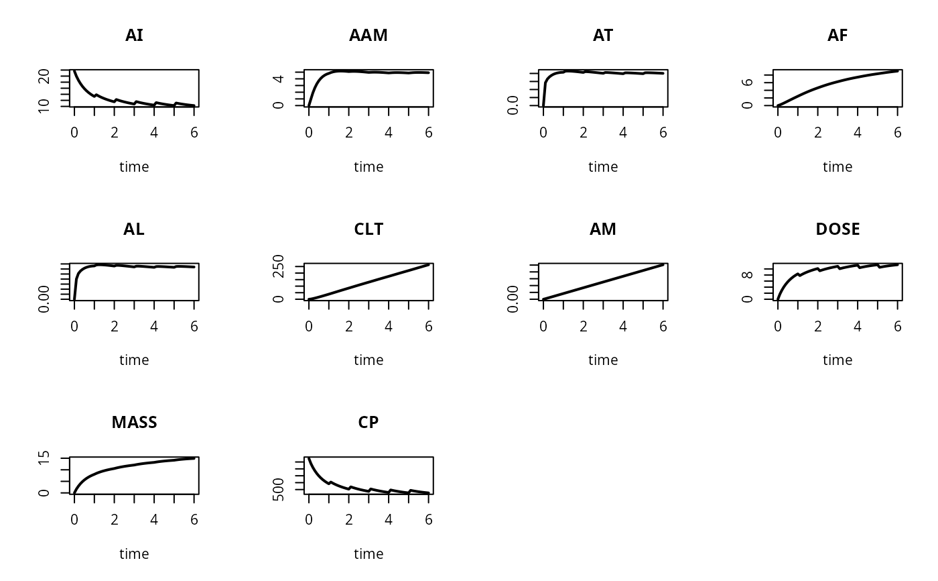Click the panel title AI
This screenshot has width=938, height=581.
click(x=134, y=36)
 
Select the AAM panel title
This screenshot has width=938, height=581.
click(x=368, y=36)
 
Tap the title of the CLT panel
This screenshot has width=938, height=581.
click(x=368, y=229)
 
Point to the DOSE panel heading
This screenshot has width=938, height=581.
click(x=837, y=229)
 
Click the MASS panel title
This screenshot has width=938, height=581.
click(x=134, y=423)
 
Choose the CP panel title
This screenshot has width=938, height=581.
click(x=368, y=423)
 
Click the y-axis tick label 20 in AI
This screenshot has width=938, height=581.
click(x=45, y=76)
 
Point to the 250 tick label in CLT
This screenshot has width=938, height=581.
click(x=279, y=267)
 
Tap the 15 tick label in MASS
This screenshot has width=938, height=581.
click(x=45, y=459)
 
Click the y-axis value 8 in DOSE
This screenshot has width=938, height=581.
click(x=748, y=274)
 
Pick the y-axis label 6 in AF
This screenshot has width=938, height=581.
click(x=748, y=82)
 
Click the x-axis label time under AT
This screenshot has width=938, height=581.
click(x=603, y=167)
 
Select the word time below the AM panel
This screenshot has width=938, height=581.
click(x=603, y=360)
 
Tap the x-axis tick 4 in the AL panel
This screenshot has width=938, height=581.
click(x=154, y=326)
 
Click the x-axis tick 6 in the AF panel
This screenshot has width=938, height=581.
click(x=898, y=133)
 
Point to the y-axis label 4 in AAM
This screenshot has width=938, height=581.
click(x=279, y=78)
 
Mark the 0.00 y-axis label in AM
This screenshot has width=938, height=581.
click(x=514, y=299)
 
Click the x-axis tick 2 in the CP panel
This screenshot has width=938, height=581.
click(x=348, y=519)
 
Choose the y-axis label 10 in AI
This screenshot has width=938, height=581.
click(x=45, y=105)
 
